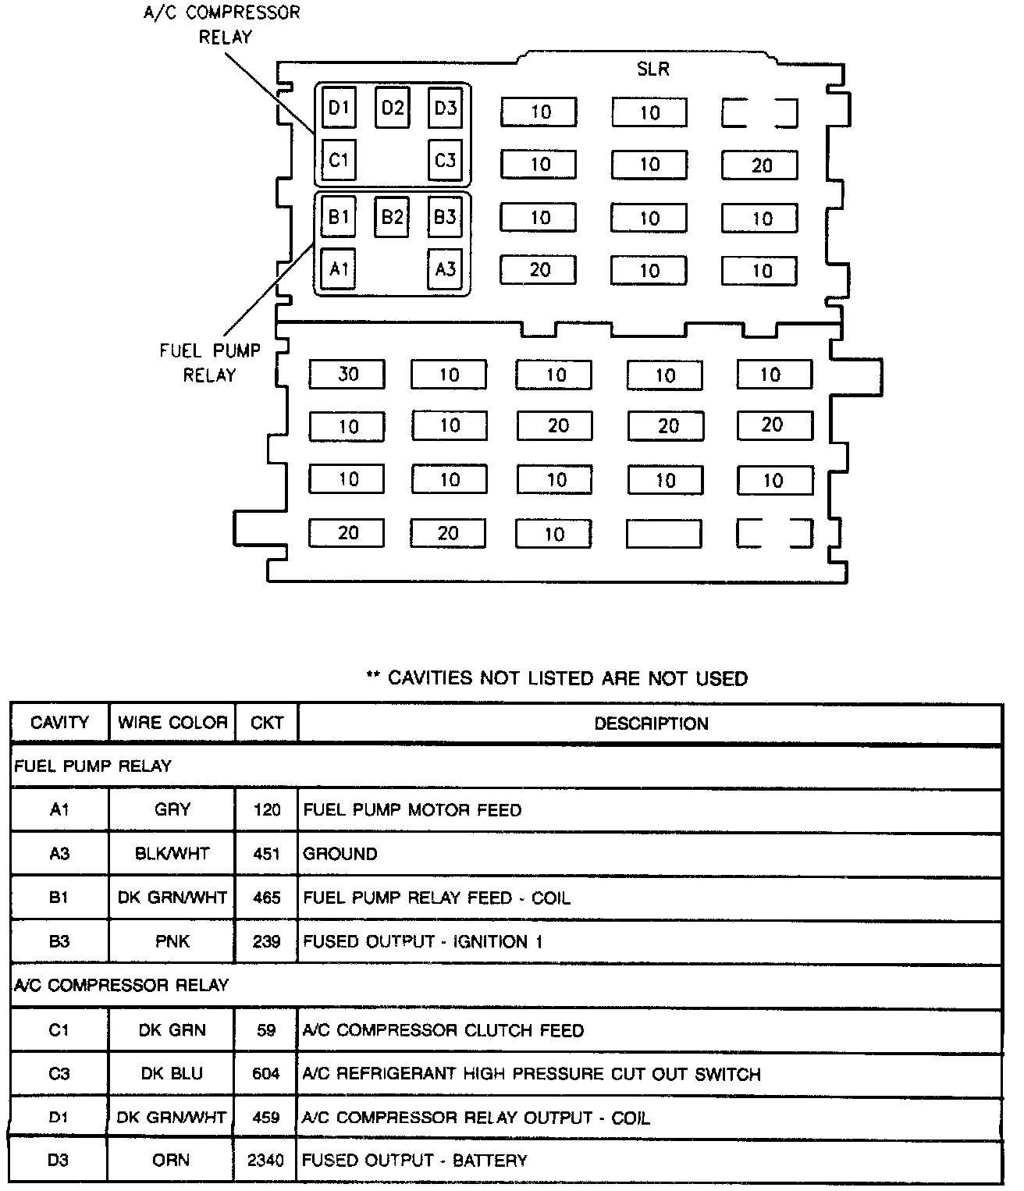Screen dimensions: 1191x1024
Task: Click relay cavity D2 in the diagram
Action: [x=392, y=108]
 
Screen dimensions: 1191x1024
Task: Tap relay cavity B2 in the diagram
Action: [x=392, y=216]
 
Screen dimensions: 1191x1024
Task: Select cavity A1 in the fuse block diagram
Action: [x=338, y=269]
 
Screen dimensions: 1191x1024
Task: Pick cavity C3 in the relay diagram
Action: [x=445, y=161]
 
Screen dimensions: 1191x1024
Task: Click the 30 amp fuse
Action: [x=347, y=375]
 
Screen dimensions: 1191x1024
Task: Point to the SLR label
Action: [x=652, y=69]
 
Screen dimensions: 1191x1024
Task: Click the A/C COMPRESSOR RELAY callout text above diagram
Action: [x=222, y=25]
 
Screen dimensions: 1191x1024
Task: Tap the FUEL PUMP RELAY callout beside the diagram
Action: [x=209, y=363]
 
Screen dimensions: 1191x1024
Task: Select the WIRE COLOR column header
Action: [x=172, y=723]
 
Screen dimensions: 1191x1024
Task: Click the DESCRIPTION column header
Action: [x=651, y=723]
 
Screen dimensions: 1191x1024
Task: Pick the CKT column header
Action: [x=266, y=723]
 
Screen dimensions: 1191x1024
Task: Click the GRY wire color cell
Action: [x=172, y=810]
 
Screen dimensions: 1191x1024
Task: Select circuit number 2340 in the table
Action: [x=266, y=1161]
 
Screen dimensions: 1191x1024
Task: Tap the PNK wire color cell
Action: [x=172, y=942]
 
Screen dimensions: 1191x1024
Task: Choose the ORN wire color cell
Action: [x=171, y=1161]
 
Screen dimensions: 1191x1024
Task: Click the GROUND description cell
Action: [x=340, y=854]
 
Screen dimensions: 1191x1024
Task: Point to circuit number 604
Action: [x=266, y=1074]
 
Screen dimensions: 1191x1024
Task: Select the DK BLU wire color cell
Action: [x=172, y=1074]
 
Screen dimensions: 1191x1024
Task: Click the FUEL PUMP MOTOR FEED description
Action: [x=412, y=810]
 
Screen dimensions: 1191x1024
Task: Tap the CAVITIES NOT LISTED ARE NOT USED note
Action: [x=557, y=678]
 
